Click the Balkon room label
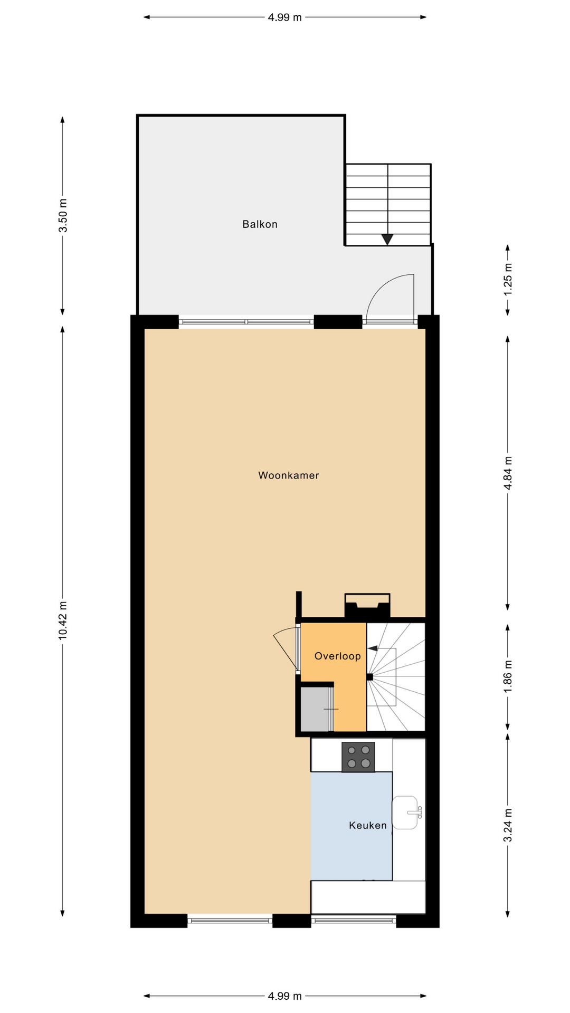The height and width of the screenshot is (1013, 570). (260, 224)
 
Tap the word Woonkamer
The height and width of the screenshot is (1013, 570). (289, 475)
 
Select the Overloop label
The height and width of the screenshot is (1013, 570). (338, 656)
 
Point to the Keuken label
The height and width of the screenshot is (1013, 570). (368, 825)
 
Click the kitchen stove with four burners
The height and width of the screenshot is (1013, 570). (358, 757)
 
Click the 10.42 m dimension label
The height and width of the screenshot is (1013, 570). (63, 620)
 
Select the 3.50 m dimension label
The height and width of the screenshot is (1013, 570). (63, 215)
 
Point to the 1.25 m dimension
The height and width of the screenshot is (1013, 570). (508, 280)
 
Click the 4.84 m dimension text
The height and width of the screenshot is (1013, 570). (508, 473)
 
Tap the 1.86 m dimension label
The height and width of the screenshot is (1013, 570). (508, 677)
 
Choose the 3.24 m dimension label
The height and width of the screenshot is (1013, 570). (508, 825)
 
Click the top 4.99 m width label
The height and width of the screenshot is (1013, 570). (285, 17)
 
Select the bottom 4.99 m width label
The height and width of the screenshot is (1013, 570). (285, 996)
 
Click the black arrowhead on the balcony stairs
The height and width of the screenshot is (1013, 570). (388, 240)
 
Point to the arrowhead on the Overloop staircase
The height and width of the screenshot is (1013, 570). (373, 648)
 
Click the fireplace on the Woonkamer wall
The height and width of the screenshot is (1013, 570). (367, 605)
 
